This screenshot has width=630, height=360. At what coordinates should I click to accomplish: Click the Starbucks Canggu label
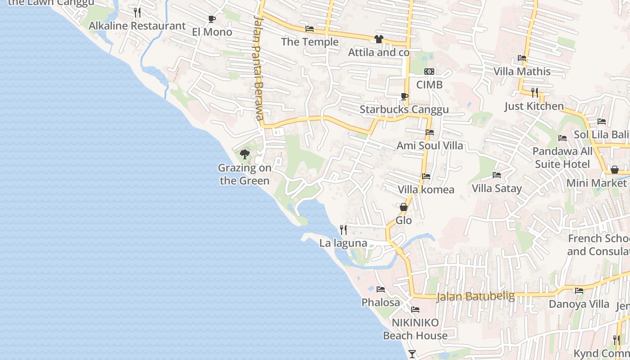coord(404,109)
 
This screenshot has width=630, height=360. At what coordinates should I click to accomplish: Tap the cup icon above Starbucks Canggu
coord(404,96)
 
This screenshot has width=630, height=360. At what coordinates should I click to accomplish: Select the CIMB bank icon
coord(429,72)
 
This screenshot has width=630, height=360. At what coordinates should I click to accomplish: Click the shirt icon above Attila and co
coord(378,39)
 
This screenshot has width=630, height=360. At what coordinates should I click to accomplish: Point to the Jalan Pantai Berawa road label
coord(258,67)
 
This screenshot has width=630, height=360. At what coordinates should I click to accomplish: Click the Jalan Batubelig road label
coord(476,296)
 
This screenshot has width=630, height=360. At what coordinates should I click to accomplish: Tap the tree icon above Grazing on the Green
coord(244,155)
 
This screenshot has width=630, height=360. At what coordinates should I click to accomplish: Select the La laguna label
coord(343,243)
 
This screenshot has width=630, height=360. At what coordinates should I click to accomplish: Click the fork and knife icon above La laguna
coord(343,230)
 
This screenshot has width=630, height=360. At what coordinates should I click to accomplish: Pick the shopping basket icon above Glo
coord(404,207)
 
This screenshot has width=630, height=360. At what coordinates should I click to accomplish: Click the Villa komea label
coord(426,189)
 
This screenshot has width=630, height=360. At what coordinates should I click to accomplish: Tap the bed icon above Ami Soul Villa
coord(430,132)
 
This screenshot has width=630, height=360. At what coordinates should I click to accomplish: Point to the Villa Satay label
coord(497,188)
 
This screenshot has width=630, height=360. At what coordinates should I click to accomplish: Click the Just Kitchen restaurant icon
coord(534,93)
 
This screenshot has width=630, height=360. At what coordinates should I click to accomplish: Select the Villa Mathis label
coord(522,71)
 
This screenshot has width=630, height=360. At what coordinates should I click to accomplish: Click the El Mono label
coord(212,32)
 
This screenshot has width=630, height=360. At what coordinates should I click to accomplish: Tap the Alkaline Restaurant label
coord(137,26)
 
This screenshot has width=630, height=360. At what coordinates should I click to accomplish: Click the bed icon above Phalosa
coord(381,289)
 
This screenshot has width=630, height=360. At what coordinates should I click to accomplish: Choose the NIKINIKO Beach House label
coord(415,329)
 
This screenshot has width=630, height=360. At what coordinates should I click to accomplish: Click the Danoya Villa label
coord(579,304)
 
